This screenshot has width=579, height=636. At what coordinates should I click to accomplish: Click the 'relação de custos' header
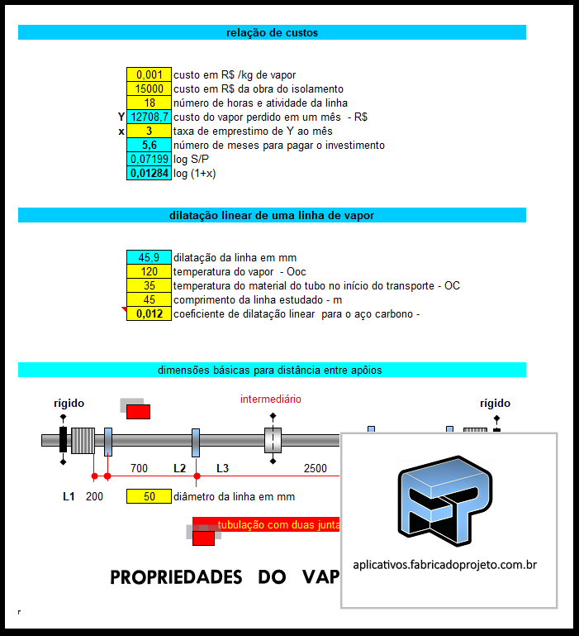tap(272, 33)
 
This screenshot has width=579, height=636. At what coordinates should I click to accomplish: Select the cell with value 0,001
tap(149, 74)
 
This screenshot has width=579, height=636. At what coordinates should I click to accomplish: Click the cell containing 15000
tap(149, 88)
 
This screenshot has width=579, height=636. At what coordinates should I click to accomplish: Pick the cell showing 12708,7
tap(149, 117)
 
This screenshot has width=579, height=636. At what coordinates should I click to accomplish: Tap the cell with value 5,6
tap(149, 146)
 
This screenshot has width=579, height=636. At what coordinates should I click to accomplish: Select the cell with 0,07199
tap(149, 160)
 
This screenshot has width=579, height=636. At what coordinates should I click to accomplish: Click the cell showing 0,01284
tap(149, 174)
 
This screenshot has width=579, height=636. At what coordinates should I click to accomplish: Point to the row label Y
tap(121, 117)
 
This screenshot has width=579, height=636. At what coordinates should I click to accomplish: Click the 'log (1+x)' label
tap(194, 174)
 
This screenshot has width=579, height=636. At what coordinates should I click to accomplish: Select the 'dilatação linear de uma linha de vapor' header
tap(272, 215)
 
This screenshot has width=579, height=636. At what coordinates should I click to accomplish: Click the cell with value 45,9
tap(149, 257)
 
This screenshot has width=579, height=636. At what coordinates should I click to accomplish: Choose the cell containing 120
tap(149, 271)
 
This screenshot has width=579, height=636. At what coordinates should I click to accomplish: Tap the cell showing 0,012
tap(149, 313)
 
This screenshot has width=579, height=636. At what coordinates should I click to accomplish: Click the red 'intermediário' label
tap(271, 399)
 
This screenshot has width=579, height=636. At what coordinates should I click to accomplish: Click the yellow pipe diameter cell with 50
tap(149, 497)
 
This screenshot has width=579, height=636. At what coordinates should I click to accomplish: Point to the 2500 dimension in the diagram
tap(316, 468)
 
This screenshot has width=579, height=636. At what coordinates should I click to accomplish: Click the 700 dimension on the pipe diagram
tap(139, 468)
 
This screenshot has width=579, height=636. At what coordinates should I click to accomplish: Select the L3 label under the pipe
tap(222, 468)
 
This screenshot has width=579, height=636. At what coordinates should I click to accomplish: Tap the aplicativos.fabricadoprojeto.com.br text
tap(445, 566)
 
